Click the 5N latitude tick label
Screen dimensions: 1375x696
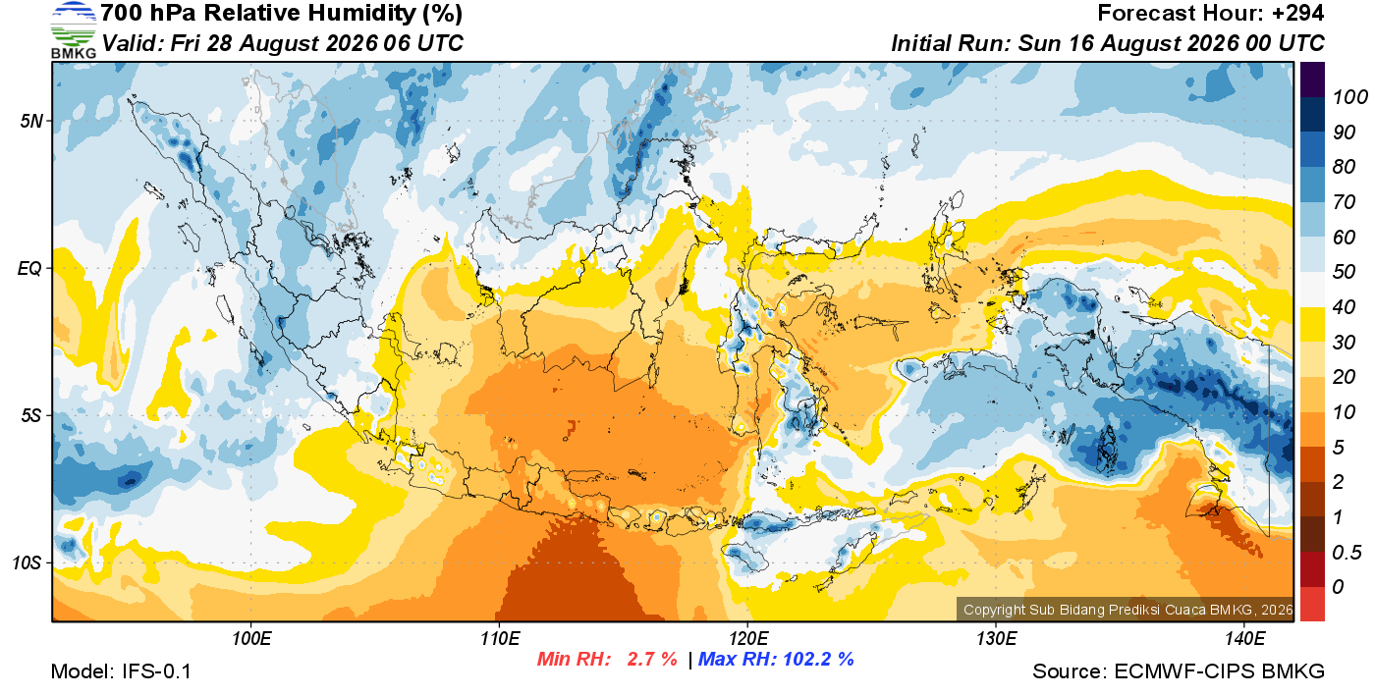[31, 121]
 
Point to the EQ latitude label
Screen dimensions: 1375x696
[30, 268]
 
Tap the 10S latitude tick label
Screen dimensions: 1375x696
[27, 562]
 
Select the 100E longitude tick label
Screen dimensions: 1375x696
[251, 639]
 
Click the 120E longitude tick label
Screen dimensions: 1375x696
[748, 639]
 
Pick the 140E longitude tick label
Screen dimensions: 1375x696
[1244, 639]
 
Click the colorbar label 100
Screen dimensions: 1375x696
[1349, 97]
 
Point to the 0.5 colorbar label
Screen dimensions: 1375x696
[1347, 553]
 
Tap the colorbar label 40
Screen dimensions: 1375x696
[1344, 307]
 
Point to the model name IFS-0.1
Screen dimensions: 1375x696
[156, 671]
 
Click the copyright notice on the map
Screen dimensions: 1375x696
[1127, 610]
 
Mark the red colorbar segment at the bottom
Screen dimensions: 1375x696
[1312, 604]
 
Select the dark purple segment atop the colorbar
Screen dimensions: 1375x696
[1312, 80]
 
